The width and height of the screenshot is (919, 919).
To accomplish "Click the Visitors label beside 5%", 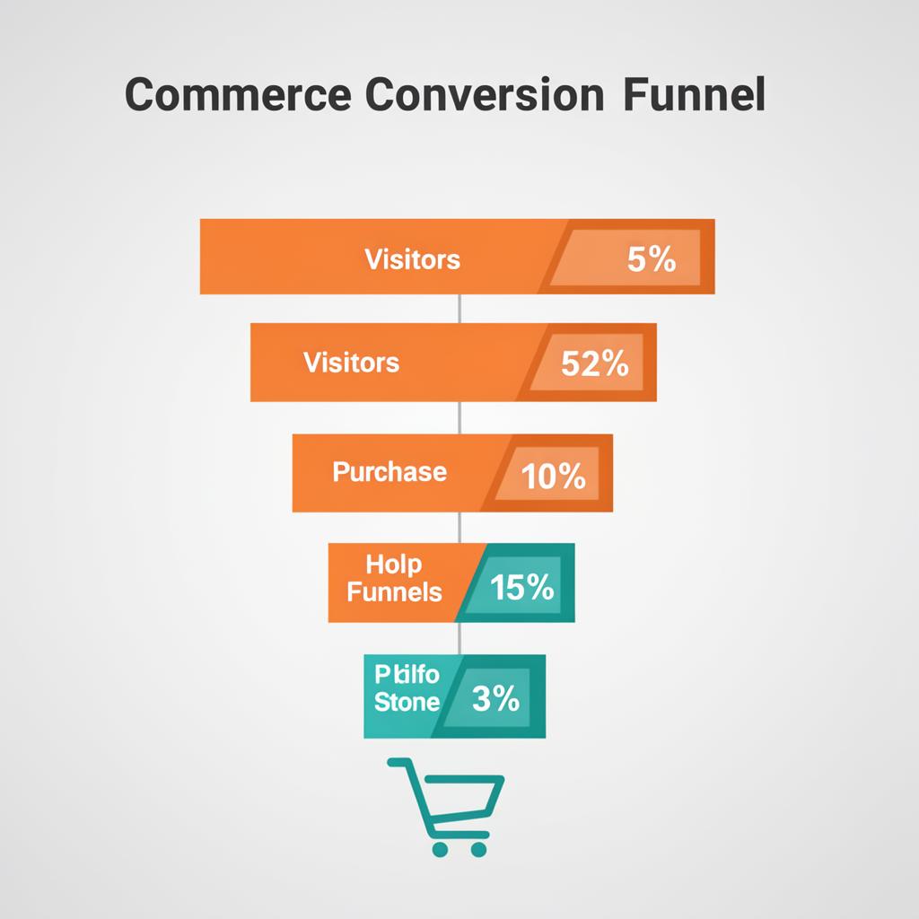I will click(x=412, y=259).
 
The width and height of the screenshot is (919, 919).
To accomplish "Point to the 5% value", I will click(x=652, y=260).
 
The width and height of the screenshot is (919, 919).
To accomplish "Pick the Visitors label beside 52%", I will click(x=351, y=363).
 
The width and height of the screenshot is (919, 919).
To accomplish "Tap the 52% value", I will click(x=594, y=363).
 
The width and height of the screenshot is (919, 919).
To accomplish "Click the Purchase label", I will click(x=389, y=472).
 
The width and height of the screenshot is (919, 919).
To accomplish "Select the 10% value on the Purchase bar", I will click(x=553, y=477).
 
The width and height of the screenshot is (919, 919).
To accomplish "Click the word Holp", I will click(x=394, y=565).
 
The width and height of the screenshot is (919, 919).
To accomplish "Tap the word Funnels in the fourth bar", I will click(x=394, y=592).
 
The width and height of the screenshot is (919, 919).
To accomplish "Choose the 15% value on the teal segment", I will click(x=522, y=588).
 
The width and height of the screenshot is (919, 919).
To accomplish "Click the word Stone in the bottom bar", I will click(x=407, y=702).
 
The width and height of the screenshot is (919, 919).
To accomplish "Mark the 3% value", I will click(x=495, y=698).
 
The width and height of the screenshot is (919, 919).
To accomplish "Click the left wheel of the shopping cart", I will click(x=439, y=847).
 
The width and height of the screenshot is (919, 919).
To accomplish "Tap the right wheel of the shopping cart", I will click(x=480, y=847).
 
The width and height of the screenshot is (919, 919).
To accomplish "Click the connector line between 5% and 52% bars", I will click(x=459, y=308).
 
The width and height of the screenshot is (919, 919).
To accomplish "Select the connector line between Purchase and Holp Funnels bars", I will click(x=459, y=528).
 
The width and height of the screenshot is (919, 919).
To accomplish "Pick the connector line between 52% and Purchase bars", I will click(x=459, y=417).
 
